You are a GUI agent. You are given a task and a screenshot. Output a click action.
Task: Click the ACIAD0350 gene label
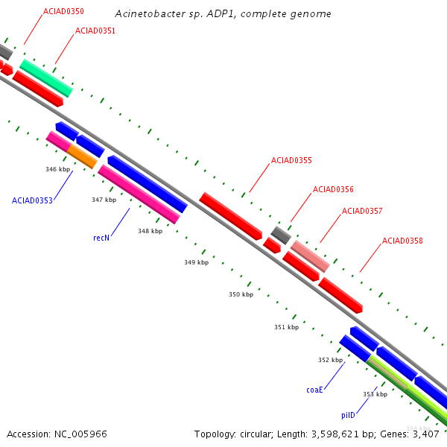click(63, 11)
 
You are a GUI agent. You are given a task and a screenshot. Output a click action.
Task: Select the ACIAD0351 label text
click(95, 31)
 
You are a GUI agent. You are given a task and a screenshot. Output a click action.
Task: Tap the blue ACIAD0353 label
click(32, 200)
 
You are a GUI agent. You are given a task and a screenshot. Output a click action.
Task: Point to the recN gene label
click(101, 238)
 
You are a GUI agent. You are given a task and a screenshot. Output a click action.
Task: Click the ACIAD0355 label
click(291, 160)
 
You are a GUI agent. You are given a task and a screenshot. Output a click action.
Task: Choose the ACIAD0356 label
click(333, 189)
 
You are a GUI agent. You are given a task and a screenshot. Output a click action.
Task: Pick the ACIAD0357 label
click(362, 211)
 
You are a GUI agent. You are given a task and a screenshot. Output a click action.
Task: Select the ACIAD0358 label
click(402, 241)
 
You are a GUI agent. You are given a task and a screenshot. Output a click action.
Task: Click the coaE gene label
click(314, 390)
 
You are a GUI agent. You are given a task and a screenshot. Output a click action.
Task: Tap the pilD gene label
click(349, 415)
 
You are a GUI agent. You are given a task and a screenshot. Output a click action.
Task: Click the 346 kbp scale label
click(58, 169)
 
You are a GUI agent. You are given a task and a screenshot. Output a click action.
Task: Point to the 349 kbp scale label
click(197, 262)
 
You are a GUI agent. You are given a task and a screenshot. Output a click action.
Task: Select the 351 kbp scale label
click(287, 327)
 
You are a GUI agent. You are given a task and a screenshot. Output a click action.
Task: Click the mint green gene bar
click(46, 78)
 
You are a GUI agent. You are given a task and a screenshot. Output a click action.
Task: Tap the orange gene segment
click(82, 156)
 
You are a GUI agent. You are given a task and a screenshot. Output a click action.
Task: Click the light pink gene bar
click(310, 256)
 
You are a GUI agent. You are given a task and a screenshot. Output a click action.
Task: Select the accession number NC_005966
click(80, 434)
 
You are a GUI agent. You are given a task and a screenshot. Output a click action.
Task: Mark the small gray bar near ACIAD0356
click(281, 235)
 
